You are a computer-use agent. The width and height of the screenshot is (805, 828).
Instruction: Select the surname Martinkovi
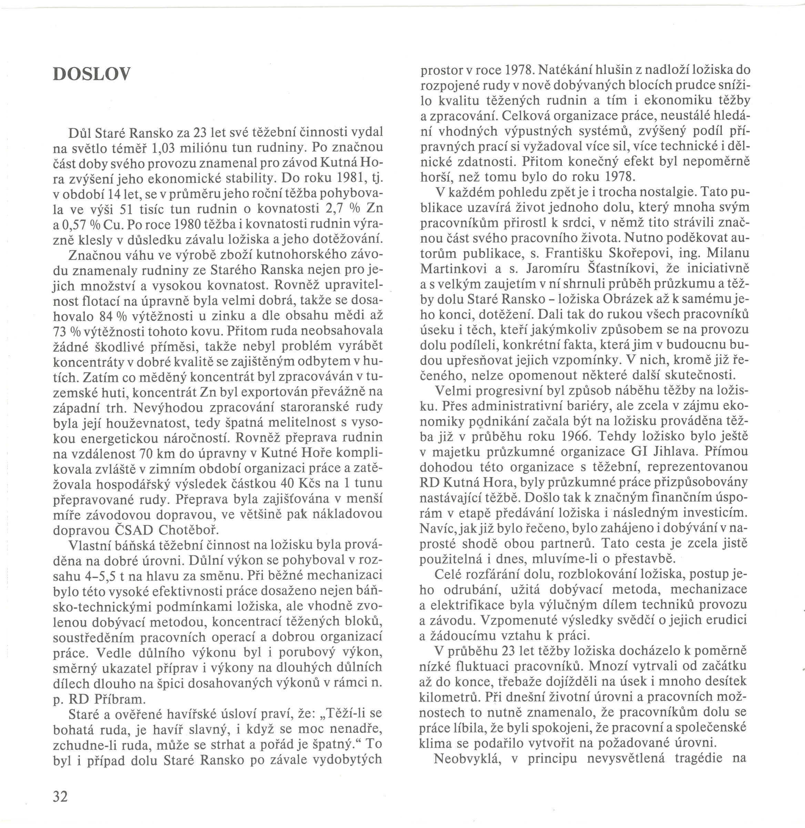pos(451,268)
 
